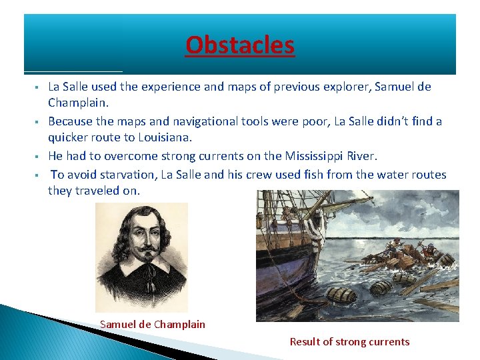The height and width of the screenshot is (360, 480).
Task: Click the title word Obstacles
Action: [x=240, y=45]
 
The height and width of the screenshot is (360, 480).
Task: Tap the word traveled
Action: [x=98, y=191]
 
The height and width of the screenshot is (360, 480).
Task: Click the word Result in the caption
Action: [x=305, y=342]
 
